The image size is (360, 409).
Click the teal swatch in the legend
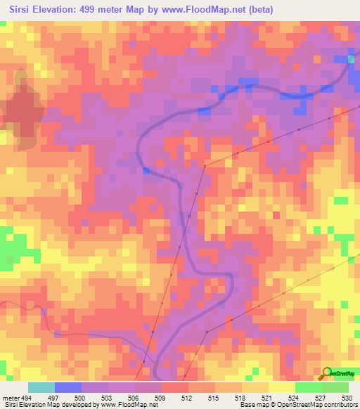coord(41,387)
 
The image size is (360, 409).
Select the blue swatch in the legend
coord(68,387)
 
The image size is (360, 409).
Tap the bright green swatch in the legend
coord(309,387)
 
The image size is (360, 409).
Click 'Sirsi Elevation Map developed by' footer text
coord(49,405)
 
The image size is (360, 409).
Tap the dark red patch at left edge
coord(21,112)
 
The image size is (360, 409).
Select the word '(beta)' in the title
coord(258,9)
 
